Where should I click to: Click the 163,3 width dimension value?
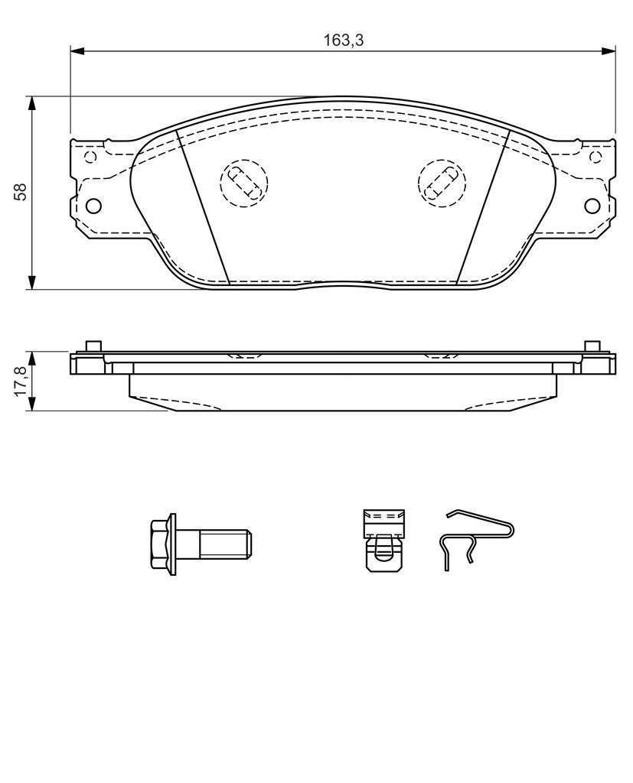point(344,41)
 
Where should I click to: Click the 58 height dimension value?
point(21,192)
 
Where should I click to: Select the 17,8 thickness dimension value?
point(21,381)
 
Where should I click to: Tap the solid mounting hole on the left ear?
point(93,205)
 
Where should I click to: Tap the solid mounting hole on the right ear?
point(592,205)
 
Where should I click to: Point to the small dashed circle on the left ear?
point(90,157)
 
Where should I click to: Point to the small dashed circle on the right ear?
point(595,157)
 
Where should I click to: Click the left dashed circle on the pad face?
point(244,183)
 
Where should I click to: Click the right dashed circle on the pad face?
point(442,183)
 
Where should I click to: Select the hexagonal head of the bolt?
point(159,544)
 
